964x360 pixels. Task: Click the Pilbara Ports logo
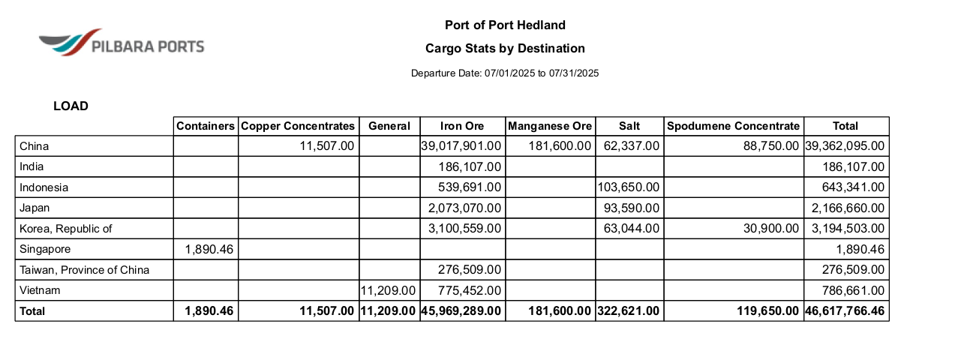(121, 43)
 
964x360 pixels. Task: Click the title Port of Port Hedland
(505, 25)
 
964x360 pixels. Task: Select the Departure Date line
(505, 73)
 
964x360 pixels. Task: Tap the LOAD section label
(71, 106)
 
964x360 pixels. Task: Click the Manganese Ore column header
(550, 126)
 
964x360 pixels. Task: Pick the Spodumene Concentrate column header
(733, 126)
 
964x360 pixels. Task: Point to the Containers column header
(206, 126)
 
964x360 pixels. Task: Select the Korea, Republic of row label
(66, 229)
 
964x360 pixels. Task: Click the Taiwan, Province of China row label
(85, 270)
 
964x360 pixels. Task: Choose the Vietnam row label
(40, 290)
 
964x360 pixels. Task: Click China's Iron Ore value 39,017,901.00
(462, 146)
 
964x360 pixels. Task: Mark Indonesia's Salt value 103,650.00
(629, 187)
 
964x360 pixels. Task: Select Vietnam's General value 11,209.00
(389, 290)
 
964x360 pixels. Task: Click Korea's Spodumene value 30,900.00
(771, 229)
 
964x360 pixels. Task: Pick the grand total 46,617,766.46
(845, 310)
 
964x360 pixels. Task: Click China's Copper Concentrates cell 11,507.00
(326, 146)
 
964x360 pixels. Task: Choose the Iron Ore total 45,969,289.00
(461, 310)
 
